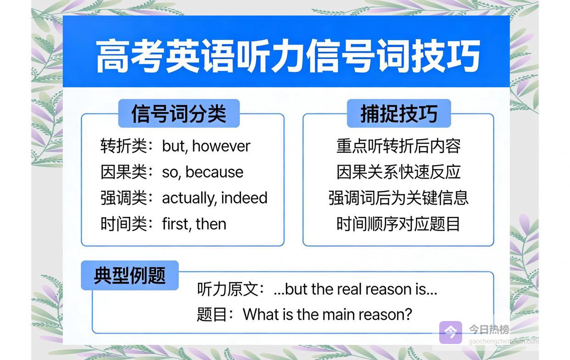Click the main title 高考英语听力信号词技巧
[288, 55]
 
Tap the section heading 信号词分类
[179, 113]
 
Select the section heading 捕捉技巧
[399, 113]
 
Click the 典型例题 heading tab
[130, 275]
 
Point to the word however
[221, 146]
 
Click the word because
[214, 172]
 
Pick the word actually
[190, 198]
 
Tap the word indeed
[244, 198]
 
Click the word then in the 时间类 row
[211, 224]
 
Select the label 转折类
[123, 146]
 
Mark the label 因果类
[123, 172]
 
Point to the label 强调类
[123, 198]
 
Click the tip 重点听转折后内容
[398, 146]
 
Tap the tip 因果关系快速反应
[398, 172]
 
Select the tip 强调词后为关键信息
[398, 198]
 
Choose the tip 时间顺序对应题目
[398, 224]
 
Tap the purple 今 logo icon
[451, 332]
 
